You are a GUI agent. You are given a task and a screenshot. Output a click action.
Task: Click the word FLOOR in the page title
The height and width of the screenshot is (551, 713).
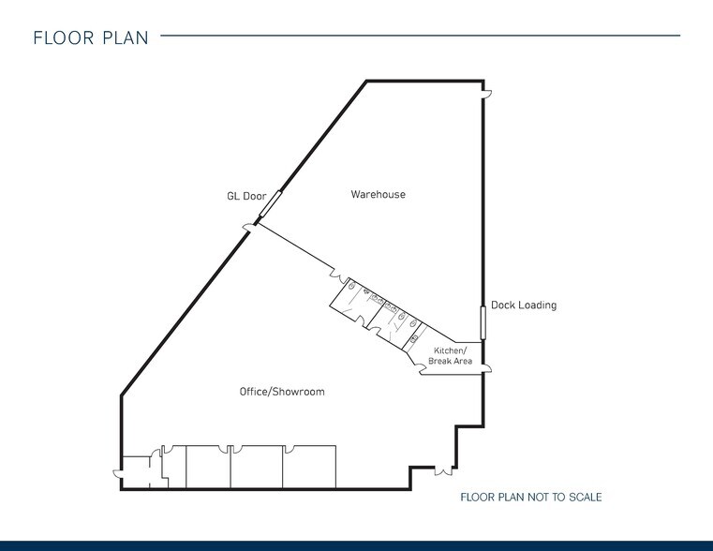[x=64, y=37]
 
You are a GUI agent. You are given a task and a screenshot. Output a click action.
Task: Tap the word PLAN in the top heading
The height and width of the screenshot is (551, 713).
[x=126, y=37]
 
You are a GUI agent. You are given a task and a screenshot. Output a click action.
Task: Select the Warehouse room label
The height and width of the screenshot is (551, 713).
[x=378, y=194]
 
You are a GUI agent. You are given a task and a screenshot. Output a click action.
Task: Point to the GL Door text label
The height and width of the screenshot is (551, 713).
[x=246, y=196]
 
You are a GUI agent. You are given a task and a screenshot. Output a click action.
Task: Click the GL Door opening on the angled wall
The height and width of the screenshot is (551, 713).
[x=271, y=203]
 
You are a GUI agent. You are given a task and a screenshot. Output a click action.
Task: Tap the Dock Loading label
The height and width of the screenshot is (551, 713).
[x=524, y=305]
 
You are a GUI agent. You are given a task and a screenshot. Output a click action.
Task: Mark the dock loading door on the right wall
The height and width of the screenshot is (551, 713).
[x=483, y=322]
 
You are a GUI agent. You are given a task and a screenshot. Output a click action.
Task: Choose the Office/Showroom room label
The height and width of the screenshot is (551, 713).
[x=282, y=392]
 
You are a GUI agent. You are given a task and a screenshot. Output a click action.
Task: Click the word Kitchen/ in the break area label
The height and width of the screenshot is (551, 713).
[x=450, y=350]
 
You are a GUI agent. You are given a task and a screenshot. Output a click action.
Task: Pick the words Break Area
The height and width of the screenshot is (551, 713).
[x=450, y=361]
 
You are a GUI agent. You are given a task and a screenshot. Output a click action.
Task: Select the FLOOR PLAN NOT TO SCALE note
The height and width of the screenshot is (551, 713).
[x=531, y=497]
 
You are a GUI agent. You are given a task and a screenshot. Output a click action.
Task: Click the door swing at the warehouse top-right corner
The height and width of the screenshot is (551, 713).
[x=487, y=94]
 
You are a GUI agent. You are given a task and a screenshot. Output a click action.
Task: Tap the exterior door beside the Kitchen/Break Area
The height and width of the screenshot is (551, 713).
[x=486, y=368]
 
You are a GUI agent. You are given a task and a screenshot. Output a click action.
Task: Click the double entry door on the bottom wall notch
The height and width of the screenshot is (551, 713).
[x=443, y=470]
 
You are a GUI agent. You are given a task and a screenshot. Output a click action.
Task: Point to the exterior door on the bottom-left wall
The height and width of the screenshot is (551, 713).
[x=118, y=474]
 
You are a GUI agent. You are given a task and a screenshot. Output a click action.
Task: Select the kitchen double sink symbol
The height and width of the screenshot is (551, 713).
[x=414, y=338]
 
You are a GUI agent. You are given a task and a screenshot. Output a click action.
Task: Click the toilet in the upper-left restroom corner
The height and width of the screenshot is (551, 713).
[x=351, y=286]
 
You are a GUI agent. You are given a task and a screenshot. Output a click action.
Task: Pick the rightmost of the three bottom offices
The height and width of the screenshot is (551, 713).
[x=309, y=467]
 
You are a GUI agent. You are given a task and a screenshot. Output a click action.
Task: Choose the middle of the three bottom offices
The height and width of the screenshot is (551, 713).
[x=257, y=467]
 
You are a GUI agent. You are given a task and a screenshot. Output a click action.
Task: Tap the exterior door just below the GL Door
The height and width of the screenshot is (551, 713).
[x=249, y=227]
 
